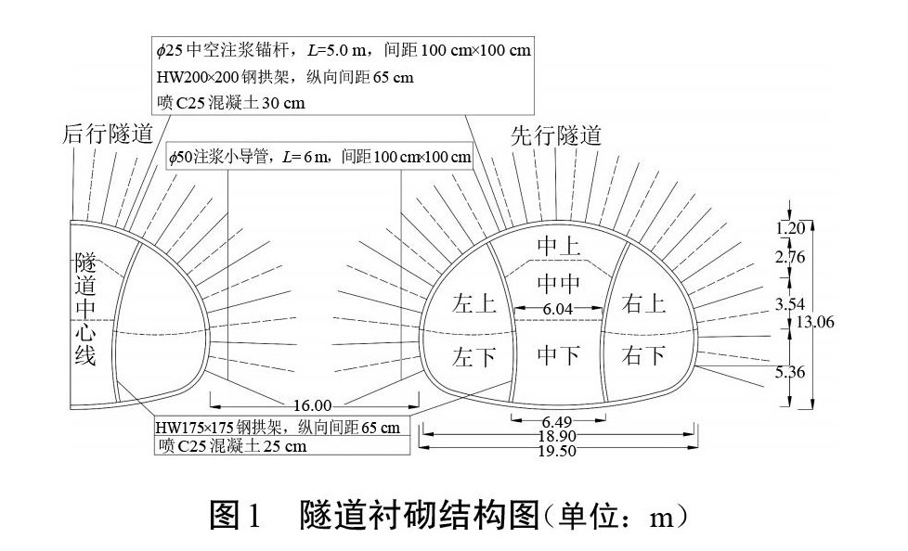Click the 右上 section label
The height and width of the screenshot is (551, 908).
click(644, 302)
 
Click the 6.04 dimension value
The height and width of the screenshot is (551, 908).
click(559, 308)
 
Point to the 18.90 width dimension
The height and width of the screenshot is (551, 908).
click(558, 436)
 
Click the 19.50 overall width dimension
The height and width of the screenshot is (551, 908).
click(558, 451)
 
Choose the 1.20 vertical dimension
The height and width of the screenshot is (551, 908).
click(790, 227)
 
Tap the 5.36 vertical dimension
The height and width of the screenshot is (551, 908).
click(790, 373)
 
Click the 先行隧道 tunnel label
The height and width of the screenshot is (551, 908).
click(556, 135)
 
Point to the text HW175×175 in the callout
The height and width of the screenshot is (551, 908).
click(199, 428)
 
